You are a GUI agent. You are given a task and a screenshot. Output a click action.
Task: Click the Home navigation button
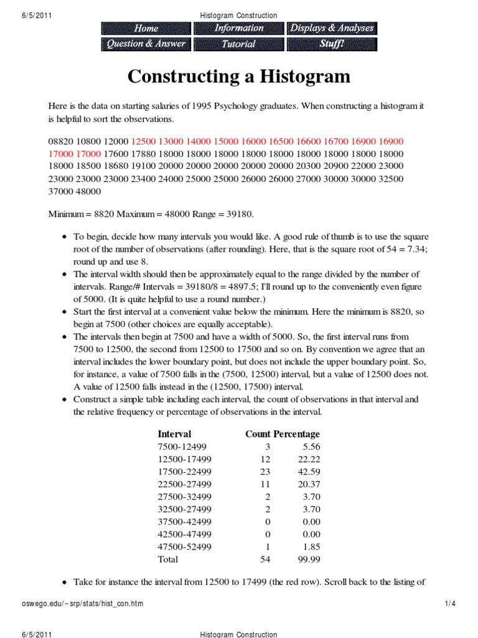click(x=146, y=28)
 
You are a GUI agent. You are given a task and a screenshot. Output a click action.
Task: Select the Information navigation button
click(x=239, y=28)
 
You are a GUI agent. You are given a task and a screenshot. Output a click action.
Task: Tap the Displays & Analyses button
click(x=332, y=28)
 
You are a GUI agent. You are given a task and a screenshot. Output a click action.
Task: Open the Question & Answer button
click(x=146, y=44)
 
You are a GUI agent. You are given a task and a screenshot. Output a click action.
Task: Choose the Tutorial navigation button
click(x=239, y=44)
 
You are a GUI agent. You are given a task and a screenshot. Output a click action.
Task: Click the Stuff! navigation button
click(x=332, y=44)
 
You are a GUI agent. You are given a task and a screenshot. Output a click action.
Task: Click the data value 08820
click(x=60, y=141)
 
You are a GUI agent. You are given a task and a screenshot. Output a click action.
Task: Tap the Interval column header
click(x=174, y=434)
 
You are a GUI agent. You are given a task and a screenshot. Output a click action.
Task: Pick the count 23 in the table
click(x=265, y=472)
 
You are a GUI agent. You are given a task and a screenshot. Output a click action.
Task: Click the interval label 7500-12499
click(x=185, y=447)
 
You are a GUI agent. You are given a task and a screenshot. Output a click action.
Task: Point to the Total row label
click(x=168, y=559)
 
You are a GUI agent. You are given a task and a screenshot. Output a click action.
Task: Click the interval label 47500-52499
click(x=185, y=547)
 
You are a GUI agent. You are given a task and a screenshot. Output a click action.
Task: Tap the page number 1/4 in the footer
click(x=451, y=604)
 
